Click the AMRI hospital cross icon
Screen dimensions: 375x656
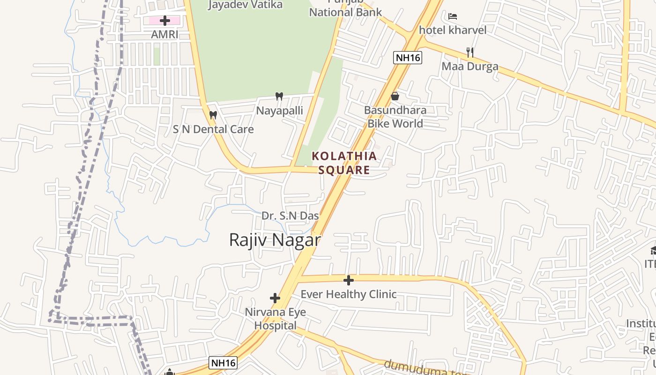click(x=164, y=21)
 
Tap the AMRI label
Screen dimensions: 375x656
click(x=164, y=34)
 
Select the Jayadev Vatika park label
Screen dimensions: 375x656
click(x=245, y=5)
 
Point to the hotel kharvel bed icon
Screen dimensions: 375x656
click(x=452, y=16)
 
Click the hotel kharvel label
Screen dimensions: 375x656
click(x=452, y=30)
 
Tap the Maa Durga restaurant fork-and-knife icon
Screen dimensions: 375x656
click(x=470, y=52)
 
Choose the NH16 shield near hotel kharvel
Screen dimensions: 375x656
click(x=407, y=58)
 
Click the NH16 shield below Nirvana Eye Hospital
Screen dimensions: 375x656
click(x=223, y=362)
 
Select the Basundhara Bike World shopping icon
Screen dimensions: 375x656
click(x=395, y=96)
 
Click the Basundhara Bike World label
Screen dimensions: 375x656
click(x=395, y=117)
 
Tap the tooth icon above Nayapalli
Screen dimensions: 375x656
click(x=279, y=97)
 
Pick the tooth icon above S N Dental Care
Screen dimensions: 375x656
click(x=213, y=115)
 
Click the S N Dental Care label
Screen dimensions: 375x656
click(x=213, y=129)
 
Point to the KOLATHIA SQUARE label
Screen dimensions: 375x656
click(x=344, y=163)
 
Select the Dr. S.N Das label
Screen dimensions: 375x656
click(x=290, y=216)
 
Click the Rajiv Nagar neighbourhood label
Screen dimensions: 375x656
click(x=275, y=240)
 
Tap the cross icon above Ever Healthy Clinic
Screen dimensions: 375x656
click(x=348, y=280)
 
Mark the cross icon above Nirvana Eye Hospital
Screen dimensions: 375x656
click(x=275, y=298)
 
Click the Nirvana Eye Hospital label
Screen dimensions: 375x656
click(x=275, y=319)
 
